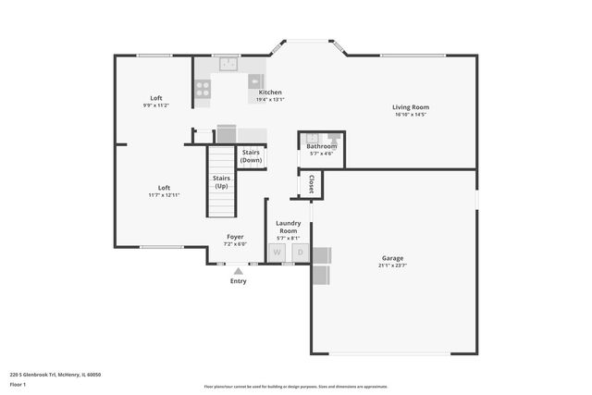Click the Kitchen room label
270,93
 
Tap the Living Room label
411,107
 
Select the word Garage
393,258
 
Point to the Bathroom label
322,146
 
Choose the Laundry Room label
289,227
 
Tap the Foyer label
236,237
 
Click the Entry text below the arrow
238,281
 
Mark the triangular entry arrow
238,271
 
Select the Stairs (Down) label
251,156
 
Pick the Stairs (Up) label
221,182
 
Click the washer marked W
277,253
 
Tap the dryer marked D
300,253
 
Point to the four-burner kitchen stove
203,89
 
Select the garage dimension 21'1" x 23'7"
393,267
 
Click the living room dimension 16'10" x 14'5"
411,116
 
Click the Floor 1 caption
18,384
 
